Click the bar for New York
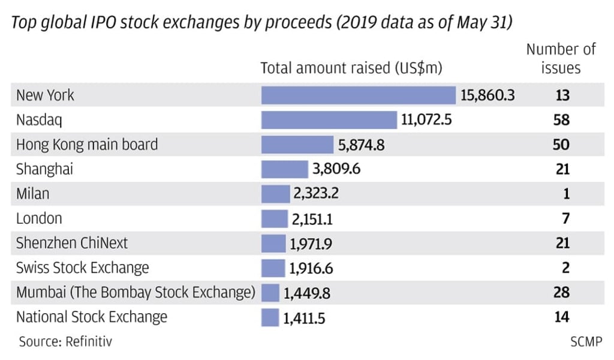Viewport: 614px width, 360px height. point(358,95)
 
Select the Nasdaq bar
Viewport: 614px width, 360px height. point(329,120)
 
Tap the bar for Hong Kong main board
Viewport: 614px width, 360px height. point(297,145)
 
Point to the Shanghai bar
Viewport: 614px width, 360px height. point(284,169)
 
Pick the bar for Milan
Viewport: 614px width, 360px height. point(275,194)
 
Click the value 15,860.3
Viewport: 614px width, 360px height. point(487,95)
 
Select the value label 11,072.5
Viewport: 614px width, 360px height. point(426,120)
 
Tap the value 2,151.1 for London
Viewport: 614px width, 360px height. point(312,219)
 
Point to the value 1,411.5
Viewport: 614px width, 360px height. point(304,317)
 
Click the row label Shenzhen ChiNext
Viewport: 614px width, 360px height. point(72,243)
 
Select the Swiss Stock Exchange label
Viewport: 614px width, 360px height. point(83,268)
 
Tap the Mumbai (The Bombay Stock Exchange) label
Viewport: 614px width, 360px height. point(136,293)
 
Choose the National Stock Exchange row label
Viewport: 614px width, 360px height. point(92,317)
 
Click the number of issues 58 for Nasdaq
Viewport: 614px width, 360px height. point(561,120)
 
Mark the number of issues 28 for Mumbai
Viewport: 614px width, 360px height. point(561,293)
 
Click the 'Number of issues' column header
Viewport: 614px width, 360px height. point(561,58)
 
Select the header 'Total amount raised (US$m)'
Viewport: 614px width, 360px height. point(351,68)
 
